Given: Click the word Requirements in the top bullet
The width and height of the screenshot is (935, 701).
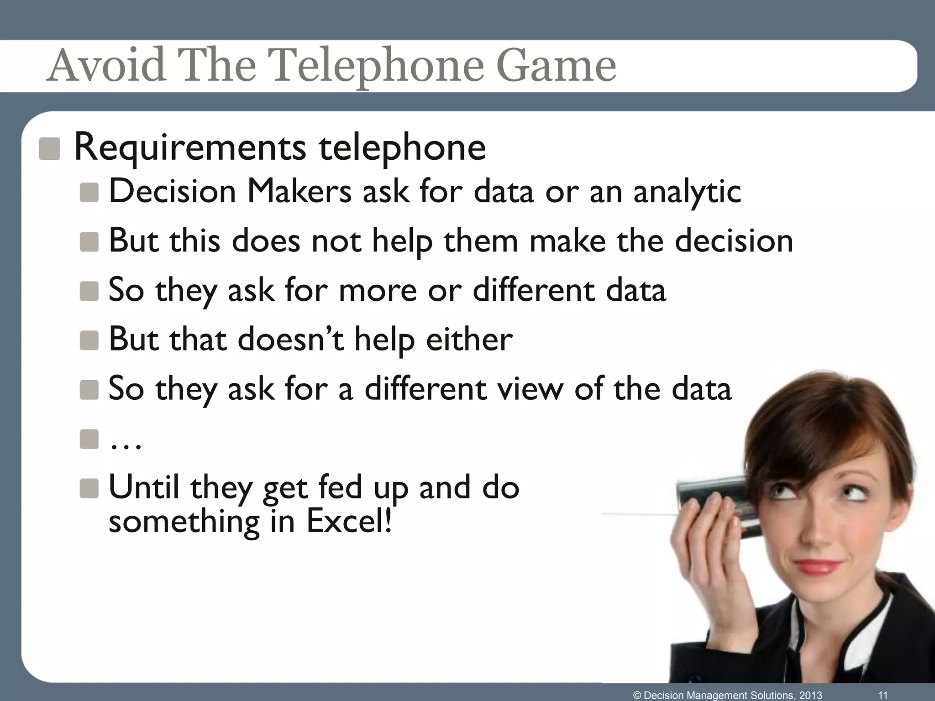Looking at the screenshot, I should (x=190, y=147).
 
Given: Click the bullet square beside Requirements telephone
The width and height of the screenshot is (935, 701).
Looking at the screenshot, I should (x=49, y=149).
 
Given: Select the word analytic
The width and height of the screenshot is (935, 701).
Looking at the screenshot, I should (x=687, y=192).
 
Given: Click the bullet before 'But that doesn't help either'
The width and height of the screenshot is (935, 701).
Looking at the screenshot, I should (x=89, y=340).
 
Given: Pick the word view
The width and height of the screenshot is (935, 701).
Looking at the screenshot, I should (x=530, y=388).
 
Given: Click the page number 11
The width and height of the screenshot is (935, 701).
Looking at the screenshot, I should (x=883, y=695).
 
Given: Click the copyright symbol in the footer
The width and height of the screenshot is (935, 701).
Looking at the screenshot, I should (x=637, y=695).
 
